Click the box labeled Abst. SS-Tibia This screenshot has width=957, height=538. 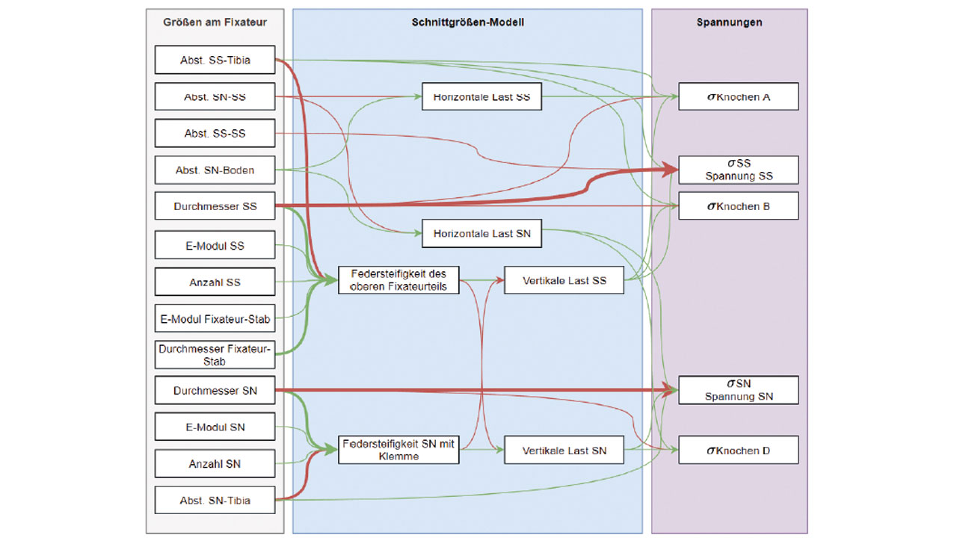(215, 61)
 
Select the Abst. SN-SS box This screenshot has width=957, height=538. (215, 97)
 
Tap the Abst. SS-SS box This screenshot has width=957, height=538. (215, 134)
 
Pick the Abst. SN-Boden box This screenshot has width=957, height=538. (215, 170)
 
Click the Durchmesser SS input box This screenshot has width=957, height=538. (215, 206)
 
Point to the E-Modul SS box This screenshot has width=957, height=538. (215, 246)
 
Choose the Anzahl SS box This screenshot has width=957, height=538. (215, 282)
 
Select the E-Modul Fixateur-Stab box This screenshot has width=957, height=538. (215, 319)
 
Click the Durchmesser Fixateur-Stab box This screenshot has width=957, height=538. (215, 355)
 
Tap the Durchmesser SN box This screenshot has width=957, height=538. (215, 391)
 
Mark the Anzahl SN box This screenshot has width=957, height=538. (215, 464)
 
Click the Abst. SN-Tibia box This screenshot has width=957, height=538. (215, 501)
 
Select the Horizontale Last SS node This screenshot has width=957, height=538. (481, 97)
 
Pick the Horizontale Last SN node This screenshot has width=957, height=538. (481, 234)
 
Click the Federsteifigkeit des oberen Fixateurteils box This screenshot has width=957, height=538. (398, 280)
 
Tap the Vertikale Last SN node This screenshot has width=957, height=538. (564, 451)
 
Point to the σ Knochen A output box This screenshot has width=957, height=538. (738, 97)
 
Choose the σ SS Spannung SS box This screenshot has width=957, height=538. (738, 170)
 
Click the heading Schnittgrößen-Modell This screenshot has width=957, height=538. (467, 22)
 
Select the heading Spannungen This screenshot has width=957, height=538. (729, 22)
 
